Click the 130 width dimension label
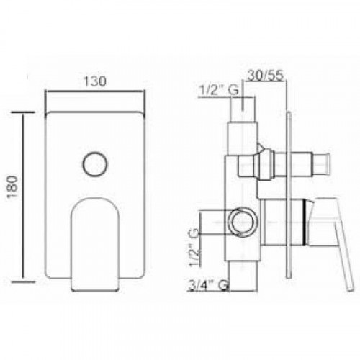(x=95, y=81)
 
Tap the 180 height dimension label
(x=13, y=186)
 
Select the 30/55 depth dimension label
(x=266, y=76)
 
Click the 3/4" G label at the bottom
(x=208, y=285)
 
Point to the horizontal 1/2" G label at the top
(x=219, y=90)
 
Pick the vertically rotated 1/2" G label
(x=194, y=247)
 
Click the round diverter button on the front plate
(x=95, y=164)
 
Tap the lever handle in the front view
(x=95, y=244)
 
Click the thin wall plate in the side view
(x=289, y=195)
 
